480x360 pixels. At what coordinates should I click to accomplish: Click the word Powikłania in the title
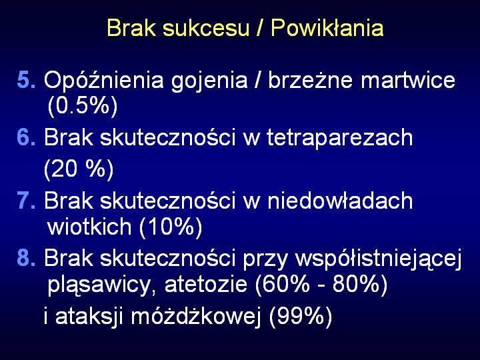pyautogui.click(x=327, y=28)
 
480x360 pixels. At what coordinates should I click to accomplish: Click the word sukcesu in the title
pyautogui.click(x=206, y=28)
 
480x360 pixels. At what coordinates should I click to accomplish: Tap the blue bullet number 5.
pyautogui.click(x=26, y=80)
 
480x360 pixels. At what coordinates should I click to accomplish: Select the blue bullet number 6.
pyautogui.click(x=26, y=137)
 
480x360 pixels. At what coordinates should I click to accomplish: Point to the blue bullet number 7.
pyautogui.click(x=26, y=201)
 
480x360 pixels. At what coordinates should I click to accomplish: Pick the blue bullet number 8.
pyautogui.click(x=26, y=258)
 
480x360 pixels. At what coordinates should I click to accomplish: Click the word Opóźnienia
pyautogui.click(x=104, y=80)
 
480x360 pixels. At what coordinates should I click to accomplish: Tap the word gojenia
pyautogui.click(x=209, y=81)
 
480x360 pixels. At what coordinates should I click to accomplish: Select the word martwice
pyautogui.click(x=408, y=80)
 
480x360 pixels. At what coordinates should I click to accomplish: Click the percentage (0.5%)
pyautogui.click(x=83, y=106)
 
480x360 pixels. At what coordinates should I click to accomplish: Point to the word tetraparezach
pyautogui.click(x=339, y=139)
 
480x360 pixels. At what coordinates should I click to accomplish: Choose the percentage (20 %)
pyautogui.click(x=79, y=169)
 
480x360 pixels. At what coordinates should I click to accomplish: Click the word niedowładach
pyautogui.click(x=340, y=201)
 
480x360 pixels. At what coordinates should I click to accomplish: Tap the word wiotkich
pyautogui.click(x=89, y=226)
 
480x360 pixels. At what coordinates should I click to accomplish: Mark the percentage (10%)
pyautogui.click(x=171, y=227)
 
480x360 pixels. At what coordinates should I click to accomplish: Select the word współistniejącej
pyautogui.click(x=378, y=259)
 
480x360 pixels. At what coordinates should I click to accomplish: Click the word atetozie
pyautogui.click(x=206, y=285)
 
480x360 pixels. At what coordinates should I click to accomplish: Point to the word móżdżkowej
pyautogui.click(x=196, y=317)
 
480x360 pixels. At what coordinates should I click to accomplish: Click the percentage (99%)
pyautogui.click(x=300, y=317)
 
